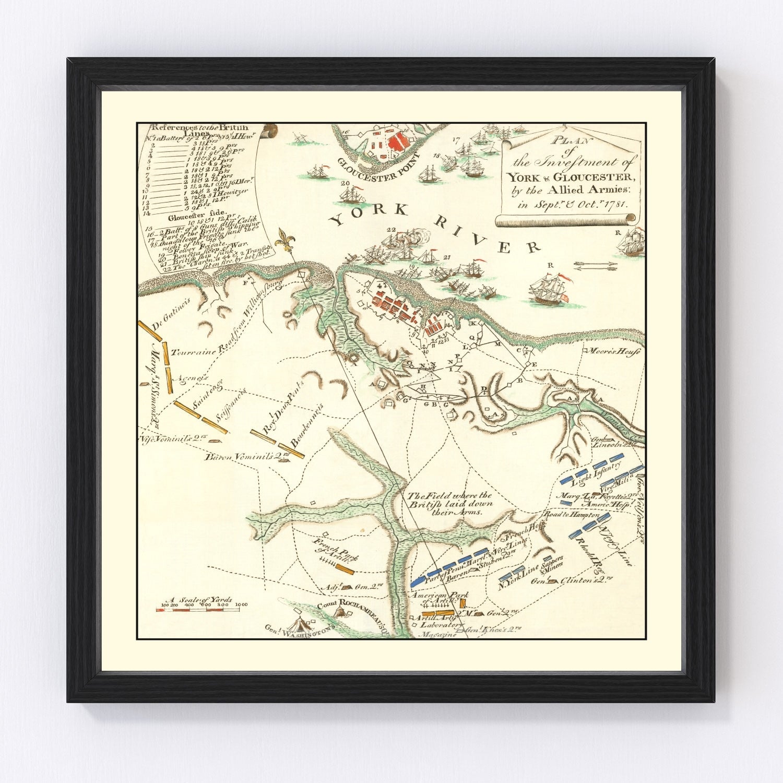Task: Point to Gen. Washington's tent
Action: tap(299, 623)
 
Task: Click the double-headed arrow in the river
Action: tap(595, 266)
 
